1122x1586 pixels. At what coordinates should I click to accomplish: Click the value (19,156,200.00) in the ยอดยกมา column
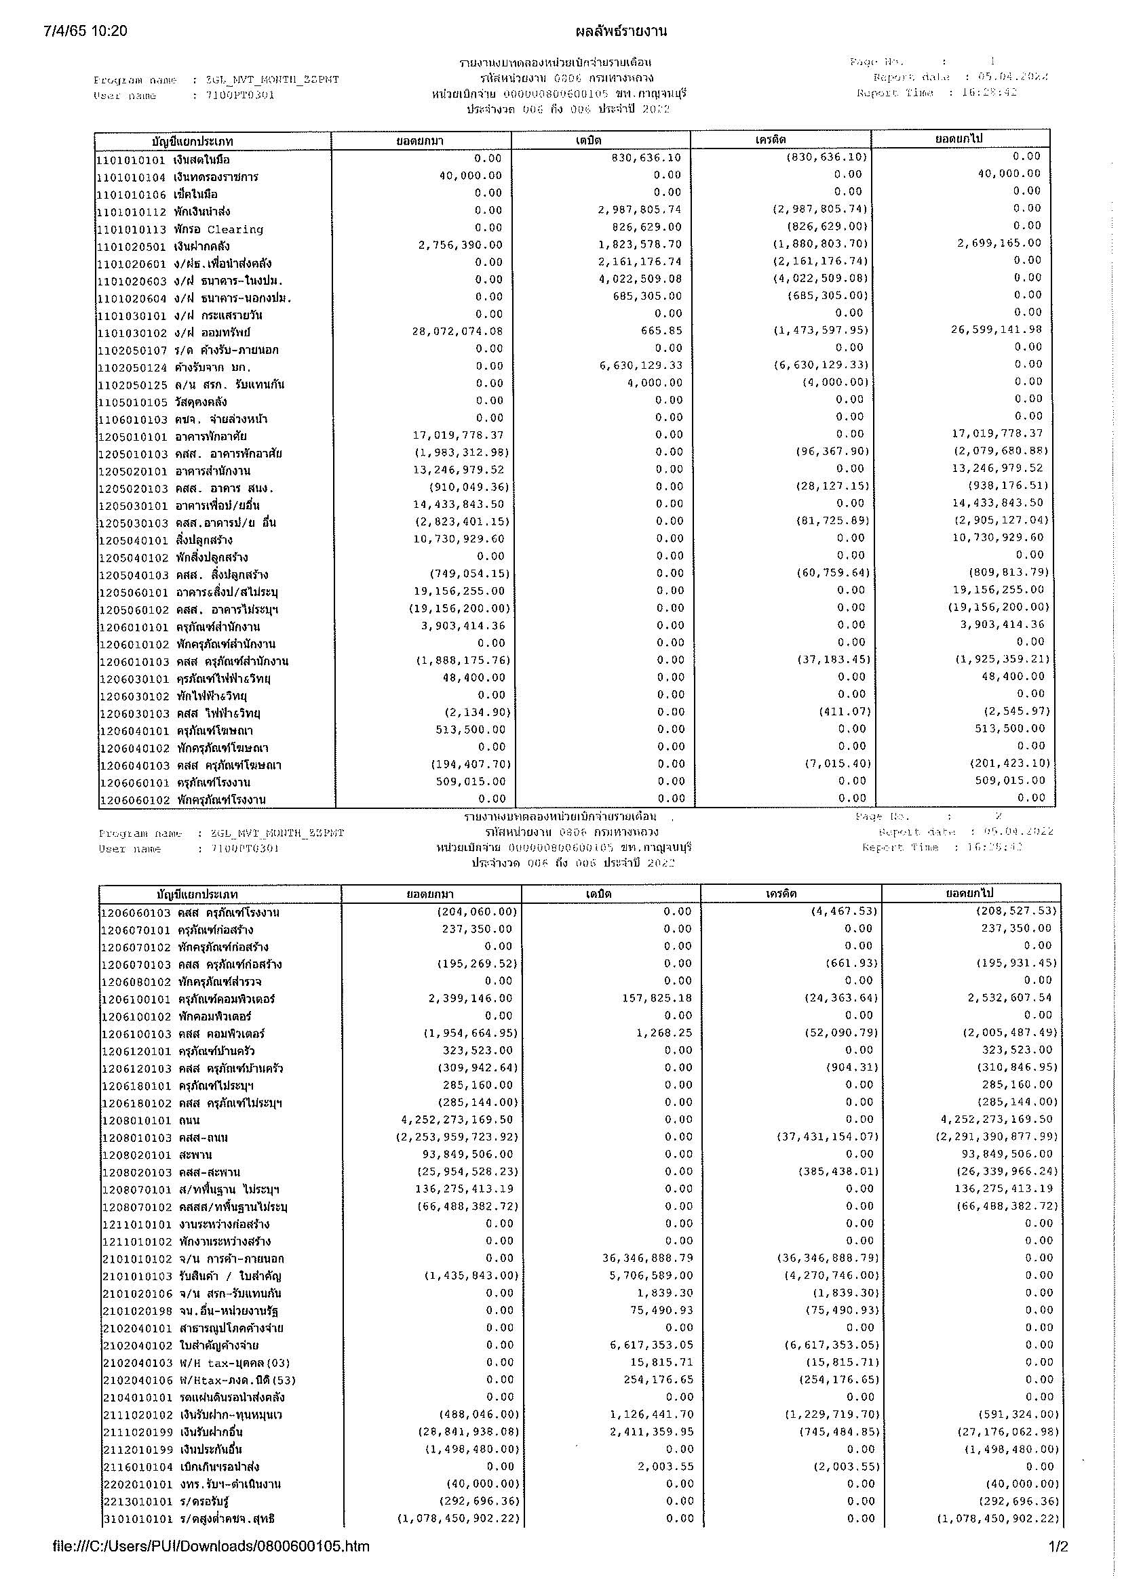pos(459,608)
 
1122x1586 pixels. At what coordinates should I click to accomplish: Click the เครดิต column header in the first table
pos(780,140)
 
